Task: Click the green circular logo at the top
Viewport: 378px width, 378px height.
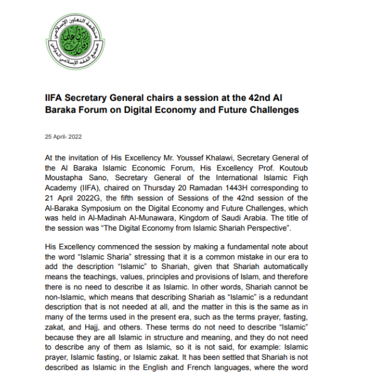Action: (74, 43)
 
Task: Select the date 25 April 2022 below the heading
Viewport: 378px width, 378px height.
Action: (63, 137)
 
